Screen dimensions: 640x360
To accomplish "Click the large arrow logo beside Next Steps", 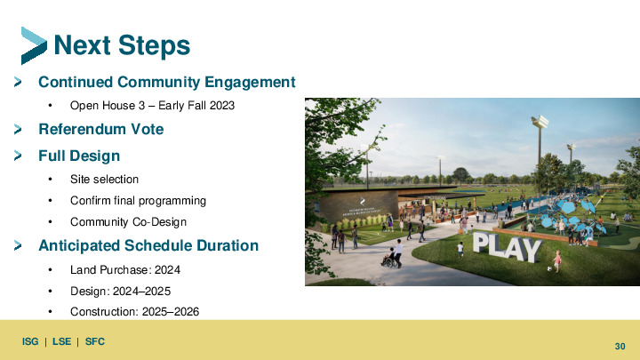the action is tap(34, 45).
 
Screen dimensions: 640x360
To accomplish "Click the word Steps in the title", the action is tap(155, 45).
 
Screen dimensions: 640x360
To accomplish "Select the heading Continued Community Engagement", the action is tap(166, 82).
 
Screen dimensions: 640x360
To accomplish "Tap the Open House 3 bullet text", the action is tap(152, 105).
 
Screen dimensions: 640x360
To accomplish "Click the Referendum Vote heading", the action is tap(100, 130).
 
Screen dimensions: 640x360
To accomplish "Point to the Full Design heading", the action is tap(79, 156).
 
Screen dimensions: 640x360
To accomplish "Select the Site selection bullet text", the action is tap(105, 180).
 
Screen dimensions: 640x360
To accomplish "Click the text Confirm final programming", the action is tap(138, 200).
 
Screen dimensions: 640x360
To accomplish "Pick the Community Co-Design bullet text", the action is tap(128, 221).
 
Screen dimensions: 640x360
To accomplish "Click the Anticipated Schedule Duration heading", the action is tap(148, 245).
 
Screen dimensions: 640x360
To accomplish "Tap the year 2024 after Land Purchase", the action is tap(167, 270).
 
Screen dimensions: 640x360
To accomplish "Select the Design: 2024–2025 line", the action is tap(120, 291).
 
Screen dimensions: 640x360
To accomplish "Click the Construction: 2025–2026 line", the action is tap(135, 312).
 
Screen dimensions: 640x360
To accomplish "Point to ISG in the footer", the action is tap(30, 341).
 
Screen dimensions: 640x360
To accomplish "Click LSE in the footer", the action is tap(61, 341).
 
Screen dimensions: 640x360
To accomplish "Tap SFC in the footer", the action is tap(95, 341).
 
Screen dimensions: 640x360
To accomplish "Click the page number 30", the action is tap(620, 347).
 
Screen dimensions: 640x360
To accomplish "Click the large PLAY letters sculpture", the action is tap(507, 246).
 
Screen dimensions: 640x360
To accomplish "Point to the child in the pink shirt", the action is tap(557, 260).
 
